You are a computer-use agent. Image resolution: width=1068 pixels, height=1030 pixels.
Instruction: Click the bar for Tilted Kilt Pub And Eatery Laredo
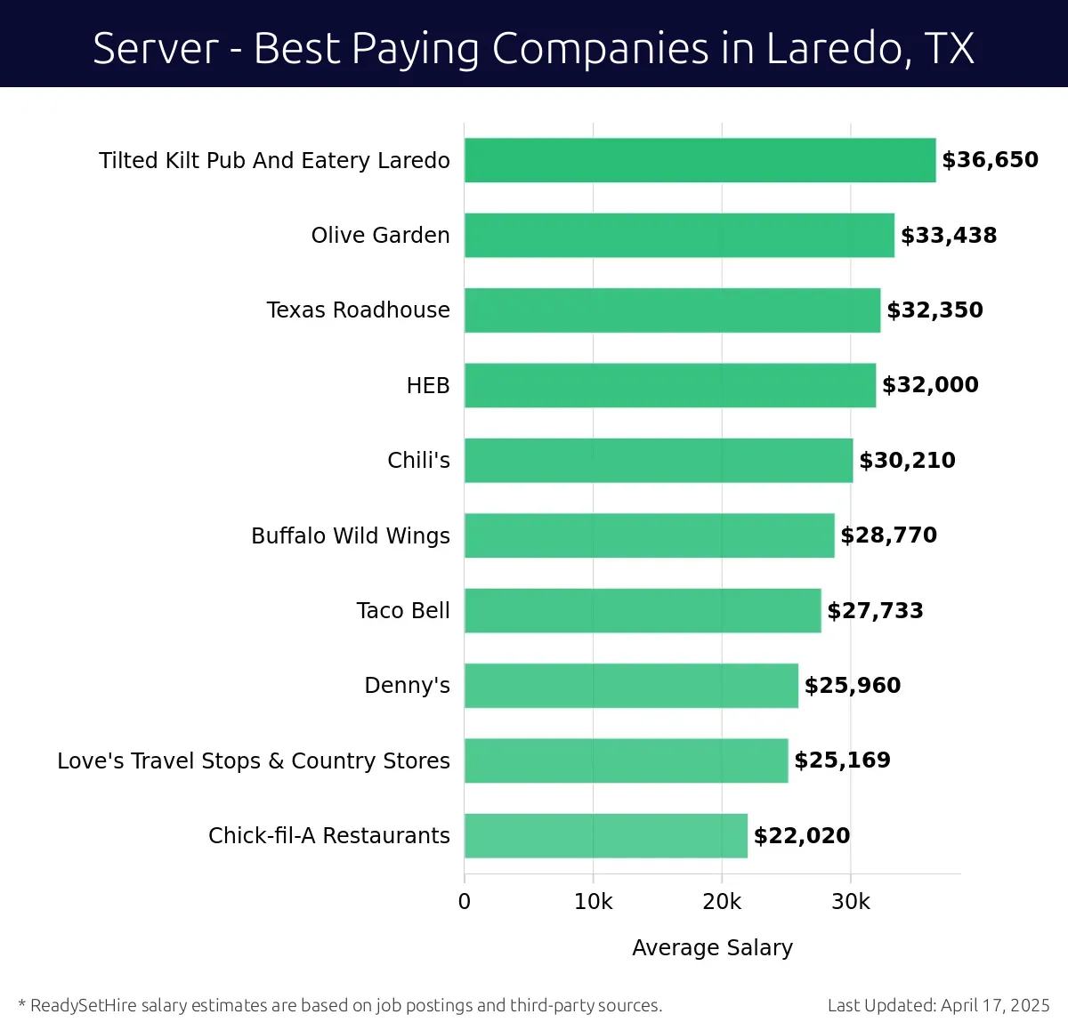700,160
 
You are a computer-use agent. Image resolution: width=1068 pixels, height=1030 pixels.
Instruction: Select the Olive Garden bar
679,235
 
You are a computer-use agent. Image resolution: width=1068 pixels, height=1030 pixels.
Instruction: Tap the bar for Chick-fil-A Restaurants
605,835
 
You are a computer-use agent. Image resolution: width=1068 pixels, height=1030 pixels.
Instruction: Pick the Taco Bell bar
643,610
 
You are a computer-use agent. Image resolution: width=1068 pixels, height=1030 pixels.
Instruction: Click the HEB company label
428,385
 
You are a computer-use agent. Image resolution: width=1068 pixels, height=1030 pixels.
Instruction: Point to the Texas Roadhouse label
358,310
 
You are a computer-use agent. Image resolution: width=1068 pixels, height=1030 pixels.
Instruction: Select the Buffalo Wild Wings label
351,535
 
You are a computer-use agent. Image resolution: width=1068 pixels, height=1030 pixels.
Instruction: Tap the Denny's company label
407,685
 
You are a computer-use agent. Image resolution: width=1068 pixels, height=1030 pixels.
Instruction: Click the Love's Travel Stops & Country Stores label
254,760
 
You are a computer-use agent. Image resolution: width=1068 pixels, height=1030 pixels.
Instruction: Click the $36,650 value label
990,160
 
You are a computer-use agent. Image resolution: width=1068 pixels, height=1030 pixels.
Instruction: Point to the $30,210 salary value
907,460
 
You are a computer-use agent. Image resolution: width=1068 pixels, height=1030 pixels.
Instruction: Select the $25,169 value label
842,760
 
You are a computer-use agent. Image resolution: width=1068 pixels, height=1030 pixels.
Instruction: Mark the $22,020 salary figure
801,835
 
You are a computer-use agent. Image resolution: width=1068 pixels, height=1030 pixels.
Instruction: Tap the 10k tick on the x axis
593,901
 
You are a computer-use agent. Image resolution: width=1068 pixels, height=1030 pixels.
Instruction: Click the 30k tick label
850,901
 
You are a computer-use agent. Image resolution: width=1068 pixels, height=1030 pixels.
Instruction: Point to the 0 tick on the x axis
465,901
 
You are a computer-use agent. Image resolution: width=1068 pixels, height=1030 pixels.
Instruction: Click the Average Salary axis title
712,947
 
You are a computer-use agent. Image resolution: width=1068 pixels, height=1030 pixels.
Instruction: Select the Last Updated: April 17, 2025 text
938,1005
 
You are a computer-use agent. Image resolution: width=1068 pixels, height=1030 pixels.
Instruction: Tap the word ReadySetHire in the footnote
84,1005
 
